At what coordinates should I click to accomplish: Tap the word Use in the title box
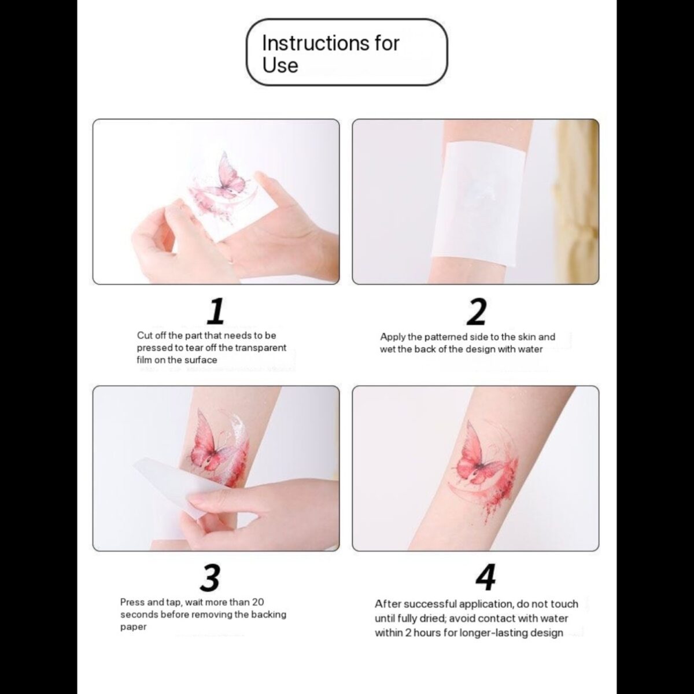(280, 65)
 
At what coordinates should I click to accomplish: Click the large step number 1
(216, 311)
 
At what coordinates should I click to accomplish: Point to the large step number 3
(211, 577)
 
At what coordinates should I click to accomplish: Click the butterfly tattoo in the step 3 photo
(212, 448)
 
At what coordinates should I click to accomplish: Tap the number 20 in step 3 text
(259, 602)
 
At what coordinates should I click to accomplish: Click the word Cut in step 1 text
(144, 335)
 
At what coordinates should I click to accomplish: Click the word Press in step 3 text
(132, 602)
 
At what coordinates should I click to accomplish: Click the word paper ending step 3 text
(133, 627)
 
